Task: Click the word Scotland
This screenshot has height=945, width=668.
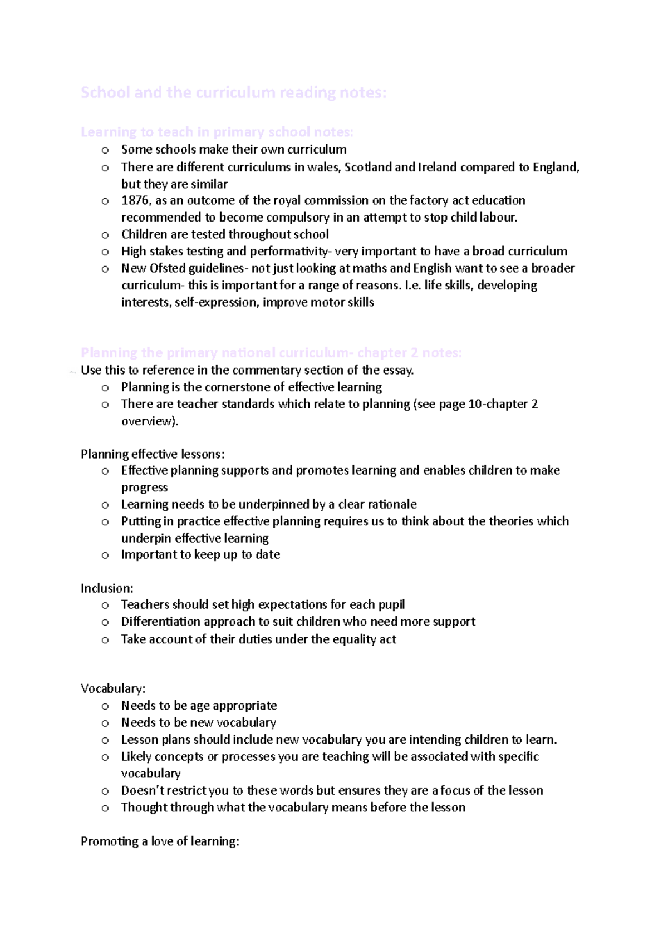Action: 368,167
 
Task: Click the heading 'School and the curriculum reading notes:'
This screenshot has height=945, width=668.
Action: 233,92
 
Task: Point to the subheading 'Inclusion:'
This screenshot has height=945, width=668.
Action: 107,588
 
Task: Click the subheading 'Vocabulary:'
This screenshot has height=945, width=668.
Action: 113,688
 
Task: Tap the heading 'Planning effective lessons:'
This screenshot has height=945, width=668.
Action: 153,454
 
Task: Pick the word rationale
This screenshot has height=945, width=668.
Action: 389,504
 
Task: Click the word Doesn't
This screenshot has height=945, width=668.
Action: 142,790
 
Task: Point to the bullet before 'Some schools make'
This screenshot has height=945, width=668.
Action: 105,150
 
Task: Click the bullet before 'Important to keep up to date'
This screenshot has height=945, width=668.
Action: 105,555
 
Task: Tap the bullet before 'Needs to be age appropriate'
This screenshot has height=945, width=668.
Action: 105,706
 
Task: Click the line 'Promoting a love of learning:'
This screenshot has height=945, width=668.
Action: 160,841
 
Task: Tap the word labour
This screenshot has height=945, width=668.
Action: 500,217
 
